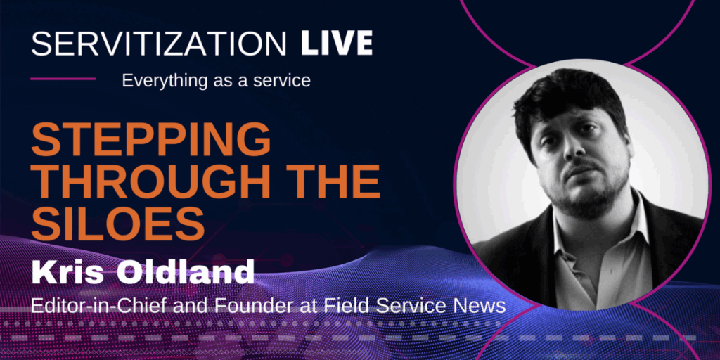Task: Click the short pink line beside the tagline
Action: [63, 79]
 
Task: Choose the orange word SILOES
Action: [118, 224]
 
